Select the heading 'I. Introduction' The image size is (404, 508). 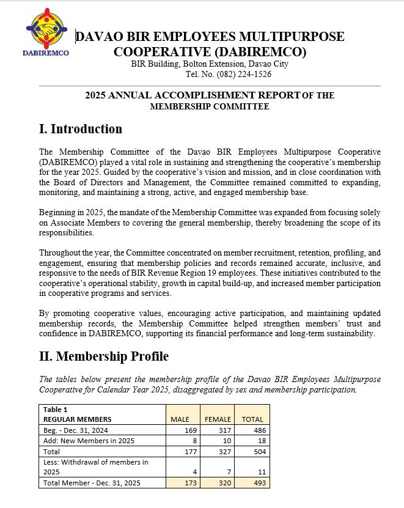(x=80, y=129)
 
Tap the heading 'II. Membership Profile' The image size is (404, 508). (x=103, y=356)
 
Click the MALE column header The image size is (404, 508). (x=180, y=419)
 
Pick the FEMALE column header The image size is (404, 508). (x=217, y=419)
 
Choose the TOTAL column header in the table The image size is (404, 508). (x=252, y=419)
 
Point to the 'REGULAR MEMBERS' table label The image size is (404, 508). (x=77, y=419)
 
